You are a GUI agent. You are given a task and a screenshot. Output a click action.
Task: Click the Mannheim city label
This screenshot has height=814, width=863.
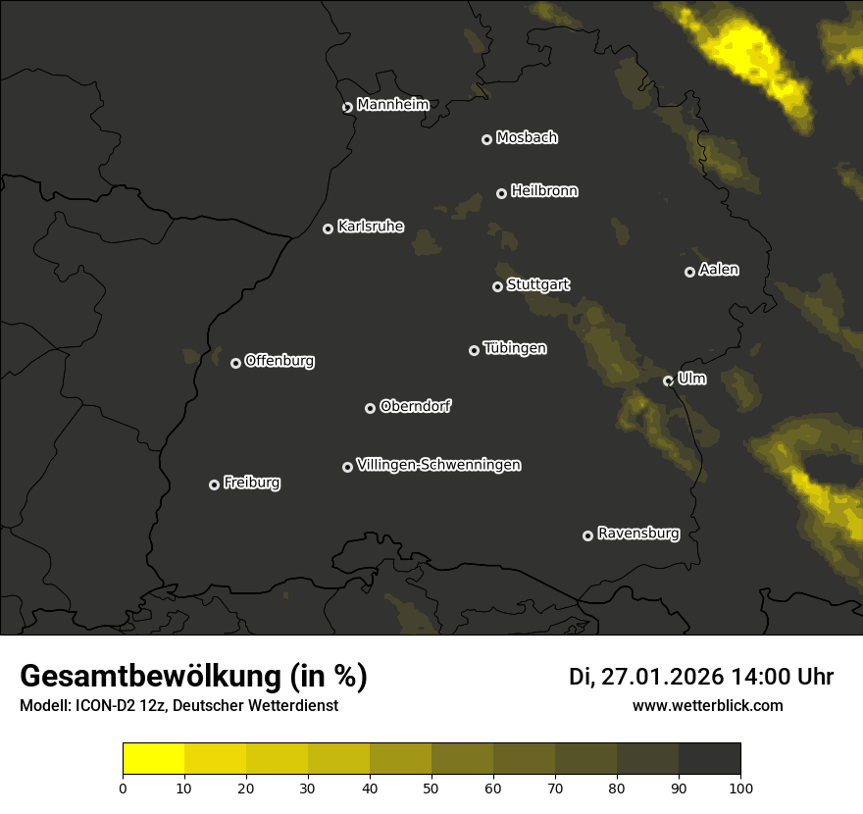click(392, 105)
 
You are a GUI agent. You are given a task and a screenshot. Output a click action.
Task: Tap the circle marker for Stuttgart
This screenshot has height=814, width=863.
click(497, 286)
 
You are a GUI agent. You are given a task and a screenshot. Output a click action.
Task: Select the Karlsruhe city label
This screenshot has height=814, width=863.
click(370, 227)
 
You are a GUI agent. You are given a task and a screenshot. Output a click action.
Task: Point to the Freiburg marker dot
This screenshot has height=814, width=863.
click(214, 484)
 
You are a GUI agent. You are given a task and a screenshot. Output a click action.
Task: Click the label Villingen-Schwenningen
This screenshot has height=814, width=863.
click(438, 465)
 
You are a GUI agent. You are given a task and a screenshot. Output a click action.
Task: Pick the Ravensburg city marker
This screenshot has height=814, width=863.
click(587, 535)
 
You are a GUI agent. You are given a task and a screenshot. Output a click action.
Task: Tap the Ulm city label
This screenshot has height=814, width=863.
click(691, 379)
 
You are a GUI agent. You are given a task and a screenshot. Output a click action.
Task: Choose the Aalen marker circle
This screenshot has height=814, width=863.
click(689, 272)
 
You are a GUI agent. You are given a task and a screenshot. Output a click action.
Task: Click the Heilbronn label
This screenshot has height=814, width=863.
click(544, 191)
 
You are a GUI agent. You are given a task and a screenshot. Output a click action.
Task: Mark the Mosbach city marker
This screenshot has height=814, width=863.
click(486, 139)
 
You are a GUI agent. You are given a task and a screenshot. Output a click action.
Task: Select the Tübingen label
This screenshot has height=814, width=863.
click(515, 348)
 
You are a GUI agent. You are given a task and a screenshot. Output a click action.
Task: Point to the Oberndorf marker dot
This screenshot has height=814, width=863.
click(370, 408)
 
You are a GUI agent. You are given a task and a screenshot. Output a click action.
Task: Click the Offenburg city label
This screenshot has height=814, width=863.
click(279, 361)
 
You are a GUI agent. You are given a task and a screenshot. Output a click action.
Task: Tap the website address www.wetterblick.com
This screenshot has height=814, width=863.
click(707, 706)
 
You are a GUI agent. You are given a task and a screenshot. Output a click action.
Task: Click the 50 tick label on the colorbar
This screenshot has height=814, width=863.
click(431, 787)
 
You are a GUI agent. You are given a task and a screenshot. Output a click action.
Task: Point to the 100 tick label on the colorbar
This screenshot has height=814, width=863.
click(739, 787)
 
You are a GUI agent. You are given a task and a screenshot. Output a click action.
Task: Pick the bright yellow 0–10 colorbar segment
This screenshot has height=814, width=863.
click(154, 759)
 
